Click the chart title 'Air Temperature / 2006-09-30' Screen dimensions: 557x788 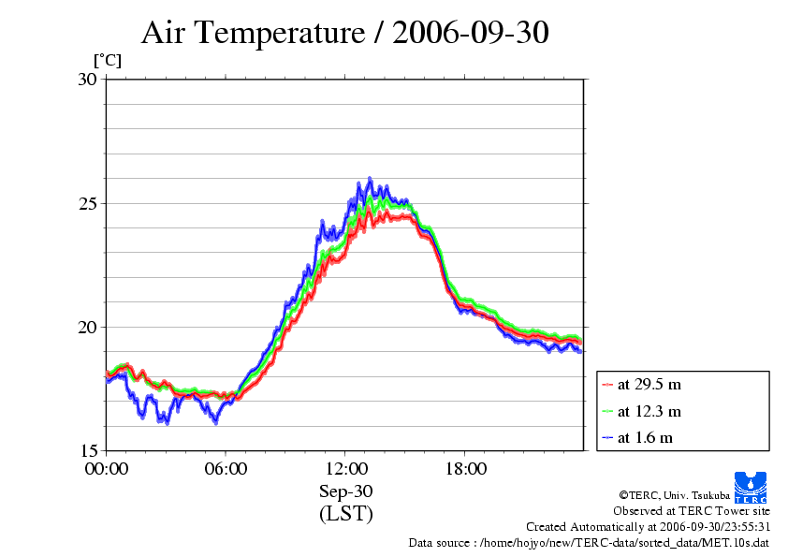point(344,33)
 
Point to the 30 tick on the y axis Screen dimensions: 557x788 point(87,80)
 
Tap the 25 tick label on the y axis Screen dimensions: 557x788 point(87,203)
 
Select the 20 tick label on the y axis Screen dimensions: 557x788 point(87,327)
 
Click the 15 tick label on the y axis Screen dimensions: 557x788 point(87,450)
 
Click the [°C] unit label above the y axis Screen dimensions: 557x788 point(107,61)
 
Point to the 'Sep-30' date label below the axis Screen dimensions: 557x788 point(345,492)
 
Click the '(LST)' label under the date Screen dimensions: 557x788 point(345,514)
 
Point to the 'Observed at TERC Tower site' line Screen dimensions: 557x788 point(692,511)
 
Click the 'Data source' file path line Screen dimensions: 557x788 point(589,543)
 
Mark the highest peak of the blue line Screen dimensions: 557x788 point(370,178)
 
